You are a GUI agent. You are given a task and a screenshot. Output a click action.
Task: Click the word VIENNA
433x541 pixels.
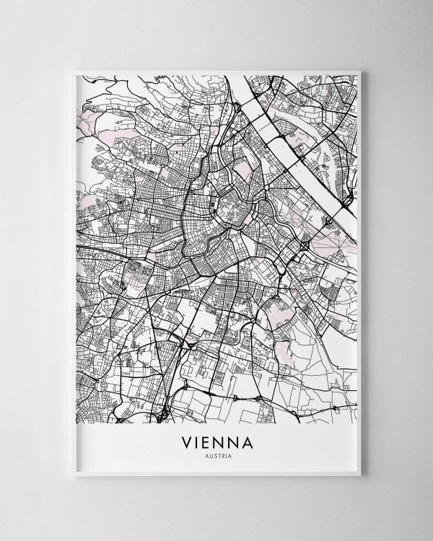point(217,441)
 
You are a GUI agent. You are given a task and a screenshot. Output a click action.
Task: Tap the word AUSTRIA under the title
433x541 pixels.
point(217,454)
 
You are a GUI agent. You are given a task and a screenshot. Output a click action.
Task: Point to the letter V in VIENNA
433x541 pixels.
point(191,441)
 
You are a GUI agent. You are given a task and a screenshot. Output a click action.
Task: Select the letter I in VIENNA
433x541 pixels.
point(201,441)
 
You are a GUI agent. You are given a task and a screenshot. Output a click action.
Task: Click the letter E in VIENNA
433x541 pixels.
point(210,441)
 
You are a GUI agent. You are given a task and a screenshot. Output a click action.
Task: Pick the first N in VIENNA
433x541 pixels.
point(221,441)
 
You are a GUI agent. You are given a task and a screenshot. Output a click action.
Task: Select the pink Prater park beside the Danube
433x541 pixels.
point(328,238)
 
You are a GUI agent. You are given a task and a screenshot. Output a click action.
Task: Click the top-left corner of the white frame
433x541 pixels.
point(75,70)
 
